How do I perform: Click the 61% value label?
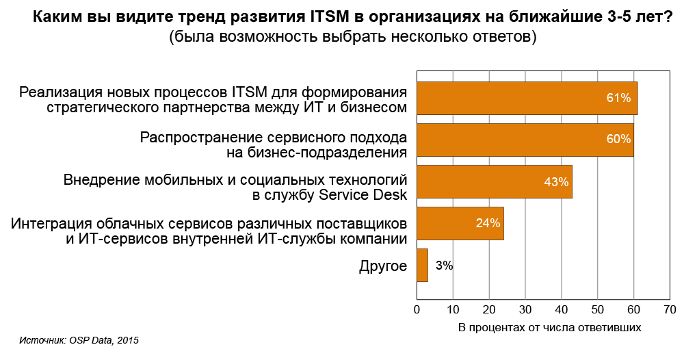(x=618, y=99)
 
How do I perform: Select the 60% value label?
(x=618, y=140)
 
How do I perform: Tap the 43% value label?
(x=556, y=182)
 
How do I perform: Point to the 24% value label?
(x=488, y=223)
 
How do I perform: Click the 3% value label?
(x=444, y=266)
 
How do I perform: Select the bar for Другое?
(x=422, y=265)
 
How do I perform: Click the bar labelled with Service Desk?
(x=494, y=182)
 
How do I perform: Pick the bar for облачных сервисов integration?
(x=460, y=223)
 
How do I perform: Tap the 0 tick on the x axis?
(x=417, y=310)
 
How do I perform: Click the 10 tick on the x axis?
(x=453, y=310)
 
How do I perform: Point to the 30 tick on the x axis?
(x=525, y=310)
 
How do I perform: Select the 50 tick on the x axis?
(x=598, y=310)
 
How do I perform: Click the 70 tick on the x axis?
(x=670, y=310)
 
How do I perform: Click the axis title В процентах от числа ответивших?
(x=549, y=327)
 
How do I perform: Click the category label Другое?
(x=383, y=266)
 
